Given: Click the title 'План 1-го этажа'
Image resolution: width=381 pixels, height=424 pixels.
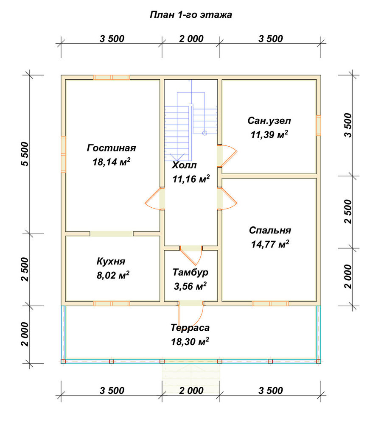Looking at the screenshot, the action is [x=191, y=14].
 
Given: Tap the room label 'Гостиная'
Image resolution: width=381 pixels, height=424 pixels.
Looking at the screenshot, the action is [x=111, y=148].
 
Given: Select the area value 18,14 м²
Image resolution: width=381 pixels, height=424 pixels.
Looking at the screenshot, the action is [x=112, y=162].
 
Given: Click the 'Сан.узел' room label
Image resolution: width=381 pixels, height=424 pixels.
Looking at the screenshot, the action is [x=269, y=120].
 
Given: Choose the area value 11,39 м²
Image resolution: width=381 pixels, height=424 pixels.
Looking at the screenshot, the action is [x=269, y=134].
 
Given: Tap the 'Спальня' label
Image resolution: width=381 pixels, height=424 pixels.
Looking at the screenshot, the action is [x=270, y=230].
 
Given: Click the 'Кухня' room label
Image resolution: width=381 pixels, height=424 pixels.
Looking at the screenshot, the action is [x=111, y=262].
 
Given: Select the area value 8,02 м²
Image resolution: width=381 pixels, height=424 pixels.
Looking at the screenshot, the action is [x=113, y=275].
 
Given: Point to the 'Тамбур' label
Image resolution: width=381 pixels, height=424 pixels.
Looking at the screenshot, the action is [x=190, y=272].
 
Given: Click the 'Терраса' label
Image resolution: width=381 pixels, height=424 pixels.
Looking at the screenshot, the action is [x=190, y=328].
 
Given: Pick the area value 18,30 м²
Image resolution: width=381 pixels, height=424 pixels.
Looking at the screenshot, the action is [x=190, y=341].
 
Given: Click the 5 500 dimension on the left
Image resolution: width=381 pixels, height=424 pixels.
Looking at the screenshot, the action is [x=24, y=154].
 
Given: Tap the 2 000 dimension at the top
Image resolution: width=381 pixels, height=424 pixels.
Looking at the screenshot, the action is [x=191, y=39].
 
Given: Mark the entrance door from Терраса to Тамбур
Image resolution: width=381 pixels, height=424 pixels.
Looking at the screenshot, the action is [x=191, y=314].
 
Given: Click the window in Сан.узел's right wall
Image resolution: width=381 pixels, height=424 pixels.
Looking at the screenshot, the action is [x=319, y=125].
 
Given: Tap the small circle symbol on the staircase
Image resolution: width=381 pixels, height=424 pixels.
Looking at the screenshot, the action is [x=205, y=133].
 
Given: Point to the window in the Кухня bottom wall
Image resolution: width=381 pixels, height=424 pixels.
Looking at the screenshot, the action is [x=112, y=304].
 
